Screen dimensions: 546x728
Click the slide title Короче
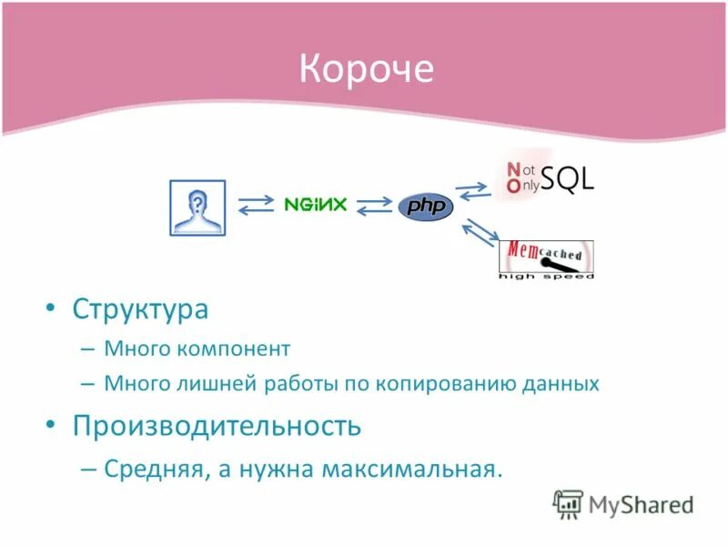(367, 69)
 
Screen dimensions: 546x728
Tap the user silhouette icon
(197, 207)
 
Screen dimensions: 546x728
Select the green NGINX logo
(315, 205)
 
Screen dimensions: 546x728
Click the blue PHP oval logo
(425, 207)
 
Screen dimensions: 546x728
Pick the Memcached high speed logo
(546, 259)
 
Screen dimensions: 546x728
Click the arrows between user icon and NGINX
(255, 205)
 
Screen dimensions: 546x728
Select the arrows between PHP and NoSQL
(473, 190)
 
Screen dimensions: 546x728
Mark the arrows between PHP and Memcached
(480, 233)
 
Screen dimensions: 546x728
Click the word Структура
(140, 309)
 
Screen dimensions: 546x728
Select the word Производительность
(217, 425)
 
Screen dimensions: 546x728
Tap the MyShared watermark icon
(568, 503)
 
